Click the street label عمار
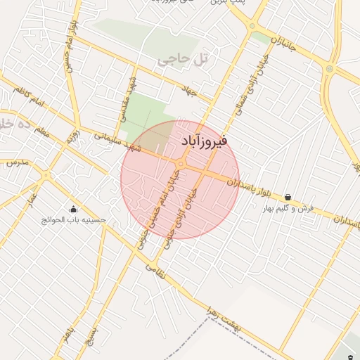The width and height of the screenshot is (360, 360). click(30, 204)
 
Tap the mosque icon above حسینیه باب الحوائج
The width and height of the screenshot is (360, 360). click(73, 209)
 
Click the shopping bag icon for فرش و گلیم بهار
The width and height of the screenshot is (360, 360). click(288, 198)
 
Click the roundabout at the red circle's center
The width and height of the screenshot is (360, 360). click(181, 165)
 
